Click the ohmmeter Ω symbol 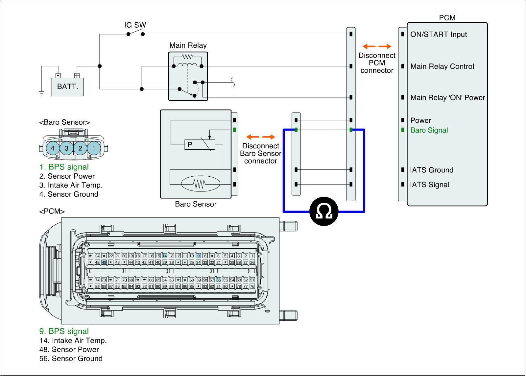point(324,212)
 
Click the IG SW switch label point(135,25)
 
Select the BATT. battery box point(68,87)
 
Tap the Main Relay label point(188,45)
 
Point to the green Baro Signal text point(429,130)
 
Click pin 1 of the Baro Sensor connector point(94,148)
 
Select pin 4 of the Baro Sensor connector point(53,148)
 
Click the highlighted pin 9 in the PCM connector point(198,256)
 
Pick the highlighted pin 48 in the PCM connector point(104,262)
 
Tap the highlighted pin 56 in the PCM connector point(218,280)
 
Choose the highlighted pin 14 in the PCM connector point(165,256)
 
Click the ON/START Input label point(439,35)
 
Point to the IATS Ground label point(432,170)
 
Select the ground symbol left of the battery point(41,93)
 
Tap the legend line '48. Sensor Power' point(69,350)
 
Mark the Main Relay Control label point(442,66)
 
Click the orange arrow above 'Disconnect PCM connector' point(377,46)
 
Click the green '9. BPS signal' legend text point(64,331)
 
